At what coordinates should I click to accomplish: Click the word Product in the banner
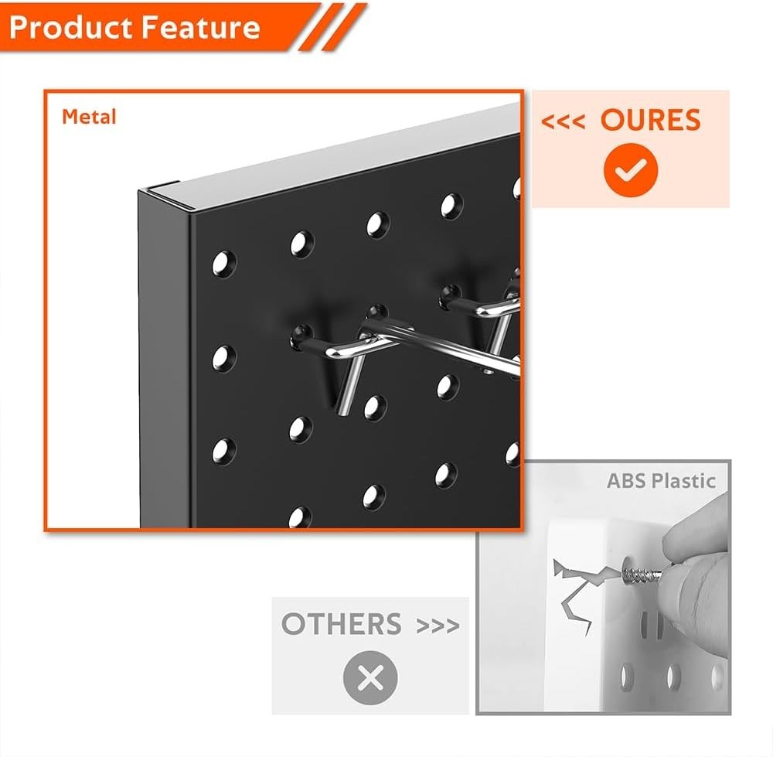(70, 28)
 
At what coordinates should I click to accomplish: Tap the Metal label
(89, 117)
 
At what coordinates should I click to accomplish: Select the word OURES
(650, 121)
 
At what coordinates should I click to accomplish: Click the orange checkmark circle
(631, 171)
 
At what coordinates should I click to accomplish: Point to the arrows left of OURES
(563, 121)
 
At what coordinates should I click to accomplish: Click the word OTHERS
(341, 624)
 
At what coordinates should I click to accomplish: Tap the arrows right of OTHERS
(438, 625)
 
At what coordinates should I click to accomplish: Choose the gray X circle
(370, 678)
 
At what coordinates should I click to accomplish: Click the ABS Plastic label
(661, 481)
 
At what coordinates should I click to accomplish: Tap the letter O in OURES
(612, 121)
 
